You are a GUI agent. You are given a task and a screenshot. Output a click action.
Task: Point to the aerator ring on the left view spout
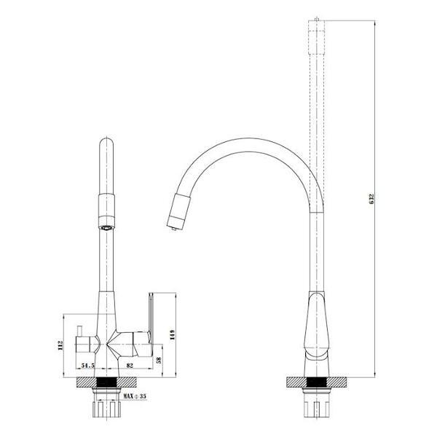pos(106,225)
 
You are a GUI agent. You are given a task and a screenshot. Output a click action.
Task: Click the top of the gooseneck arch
pos(240,139)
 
